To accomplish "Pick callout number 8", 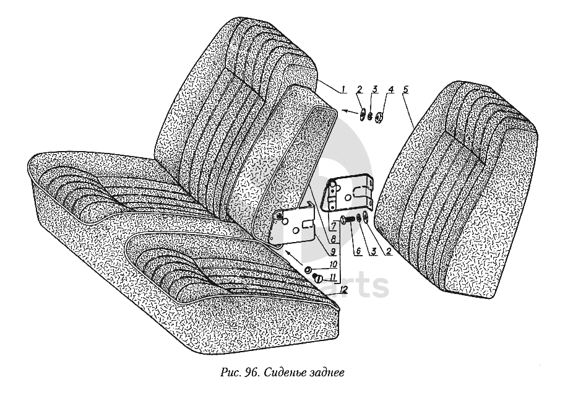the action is pyautogui.click(x=333, y=237).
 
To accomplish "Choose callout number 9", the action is pyautogui.click(x=333, y=252).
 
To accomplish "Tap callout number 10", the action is pyautogui.click(x=333, y=264).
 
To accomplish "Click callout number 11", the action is pyautogui.click(x=333, y=277).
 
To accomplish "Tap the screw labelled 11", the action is pyautogui.click(x=316, y=277).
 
